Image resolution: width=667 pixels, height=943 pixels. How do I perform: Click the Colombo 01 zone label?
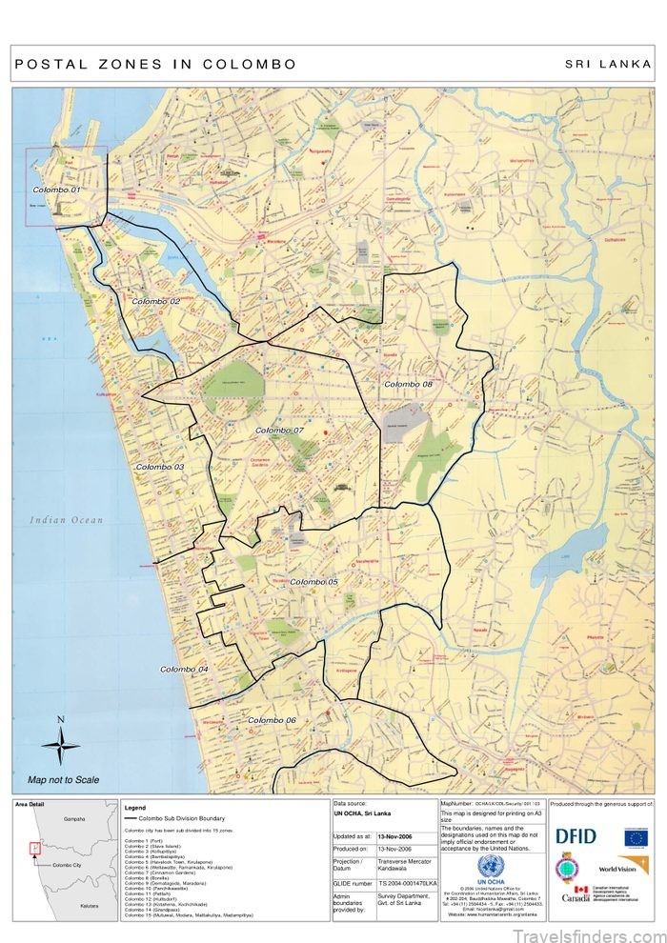pyautogui.click(x=55, y=190)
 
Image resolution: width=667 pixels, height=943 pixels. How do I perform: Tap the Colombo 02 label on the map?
pyautogui.click(x=155, y=301)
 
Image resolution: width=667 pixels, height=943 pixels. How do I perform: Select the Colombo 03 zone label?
pyautogui.click(x=159, y=467)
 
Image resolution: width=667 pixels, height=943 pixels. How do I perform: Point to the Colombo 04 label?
pyautogui.click(x=183, y=670)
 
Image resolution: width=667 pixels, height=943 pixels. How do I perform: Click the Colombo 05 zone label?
pyautogui.click(x=313, y=581)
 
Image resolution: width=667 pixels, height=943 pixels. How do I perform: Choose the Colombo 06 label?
pyautogui.click(x=272, y=720)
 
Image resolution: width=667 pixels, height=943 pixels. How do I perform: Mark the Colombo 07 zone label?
pyautogui.click(x=278, y=431)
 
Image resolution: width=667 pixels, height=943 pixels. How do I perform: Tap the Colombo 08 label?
pyautogui.click(x=408, y=384)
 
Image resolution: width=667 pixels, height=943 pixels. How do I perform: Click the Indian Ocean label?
pyautogui.click(x=66, y=520)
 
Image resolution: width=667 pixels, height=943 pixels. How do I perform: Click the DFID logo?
pyautogui.click(x=576, y=836)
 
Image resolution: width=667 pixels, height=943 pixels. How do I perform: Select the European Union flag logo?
pyautogui.click(x=636, y=836)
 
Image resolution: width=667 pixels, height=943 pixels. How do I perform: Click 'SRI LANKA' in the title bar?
pyautogui.click(x=608, y=65)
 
